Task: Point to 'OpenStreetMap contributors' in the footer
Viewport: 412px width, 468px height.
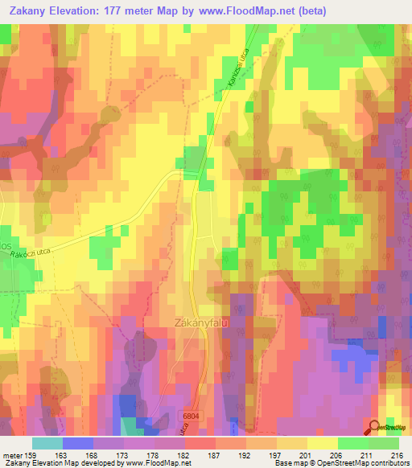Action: (x=360, y=463)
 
